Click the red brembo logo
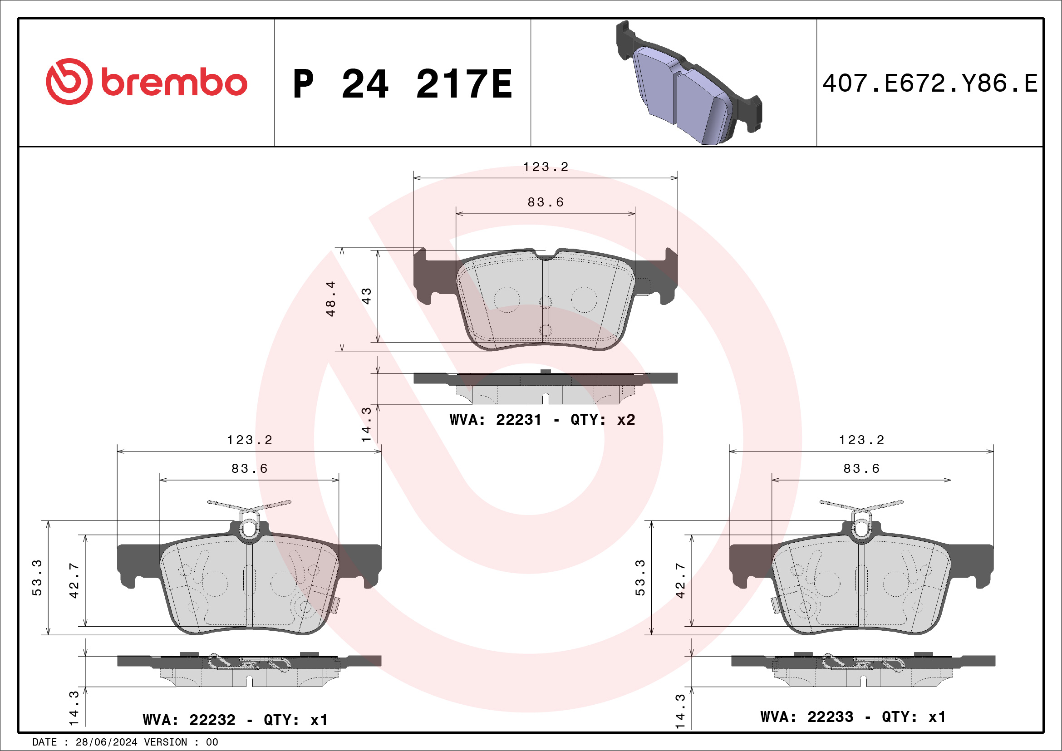pos(146,82)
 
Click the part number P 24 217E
pos(403,84)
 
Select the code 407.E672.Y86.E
pos(930,83)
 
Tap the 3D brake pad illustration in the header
pos(688,83)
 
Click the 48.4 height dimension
pos(330,299)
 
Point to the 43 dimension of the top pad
pos(366,296)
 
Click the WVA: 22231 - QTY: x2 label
pos(542,419)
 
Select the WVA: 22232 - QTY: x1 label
pos(235,720)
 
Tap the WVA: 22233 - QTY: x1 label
pos(853,717)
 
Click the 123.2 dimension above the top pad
pos(546,167)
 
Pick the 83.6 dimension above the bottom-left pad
pos(249,468)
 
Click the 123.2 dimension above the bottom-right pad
pos(861,440)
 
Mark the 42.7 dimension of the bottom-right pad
pos(680,580)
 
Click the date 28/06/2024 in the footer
pos(106,742)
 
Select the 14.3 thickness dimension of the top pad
pos(366,424)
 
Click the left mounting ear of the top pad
pos(426,277)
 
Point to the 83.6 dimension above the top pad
pos(546,202)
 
